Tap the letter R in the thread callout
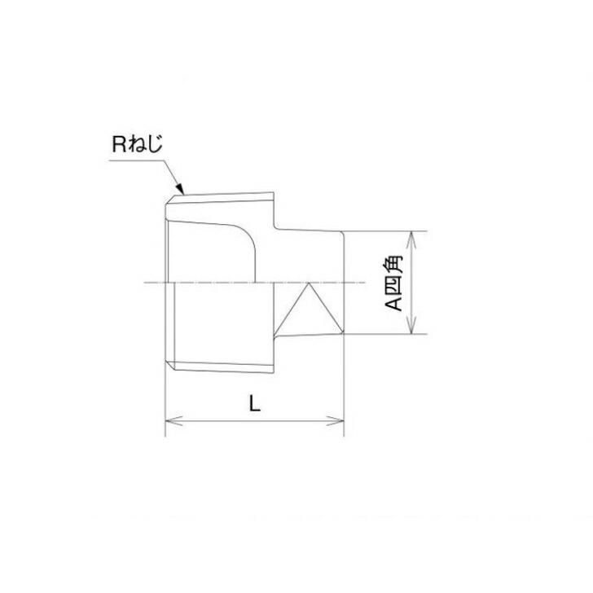(120, 147)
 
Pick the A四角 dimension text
(394, 283)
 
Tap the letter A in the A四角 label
(394, 303)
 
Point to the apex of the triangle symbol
(310, 286)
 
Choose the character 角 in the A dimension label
(394, 264)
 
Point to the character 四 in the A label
(394, 283)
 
